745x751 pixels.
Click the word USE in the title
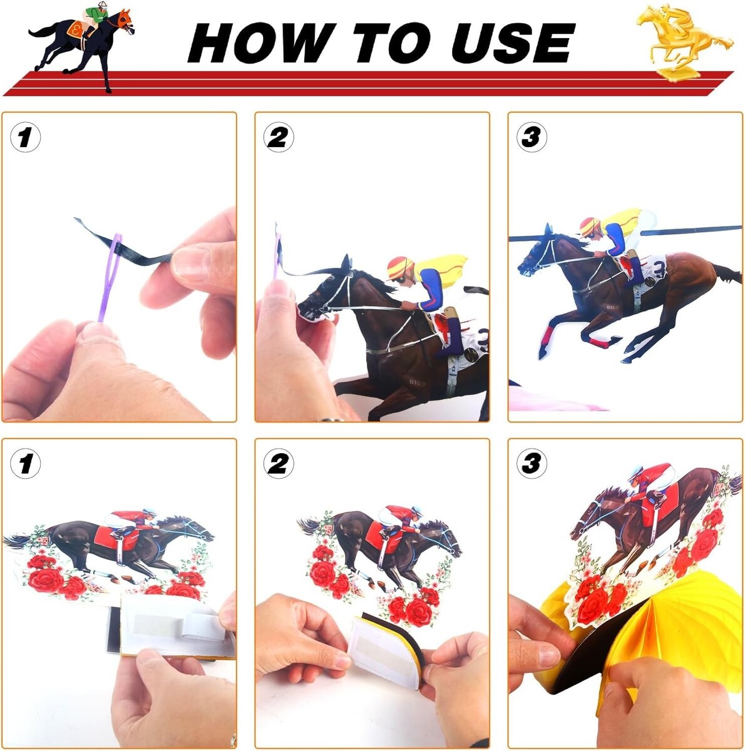click(513, 43)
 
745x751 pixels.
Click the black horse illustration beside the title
click(81, 47)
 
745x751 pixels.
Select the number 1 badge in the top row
click(25, 137)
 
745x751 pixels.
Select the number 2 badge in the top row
click(279, 137)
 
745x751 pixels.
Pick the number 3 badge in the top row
click(532, 137)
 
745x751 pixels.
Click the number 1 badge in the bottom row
click(25, 464)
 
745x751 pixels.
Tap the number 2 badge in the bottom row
click(279, 464)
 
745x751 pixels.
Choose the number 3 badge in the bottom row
click(532, 464)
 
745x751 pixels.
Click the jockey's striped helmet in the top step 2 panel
click(400, 267)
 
